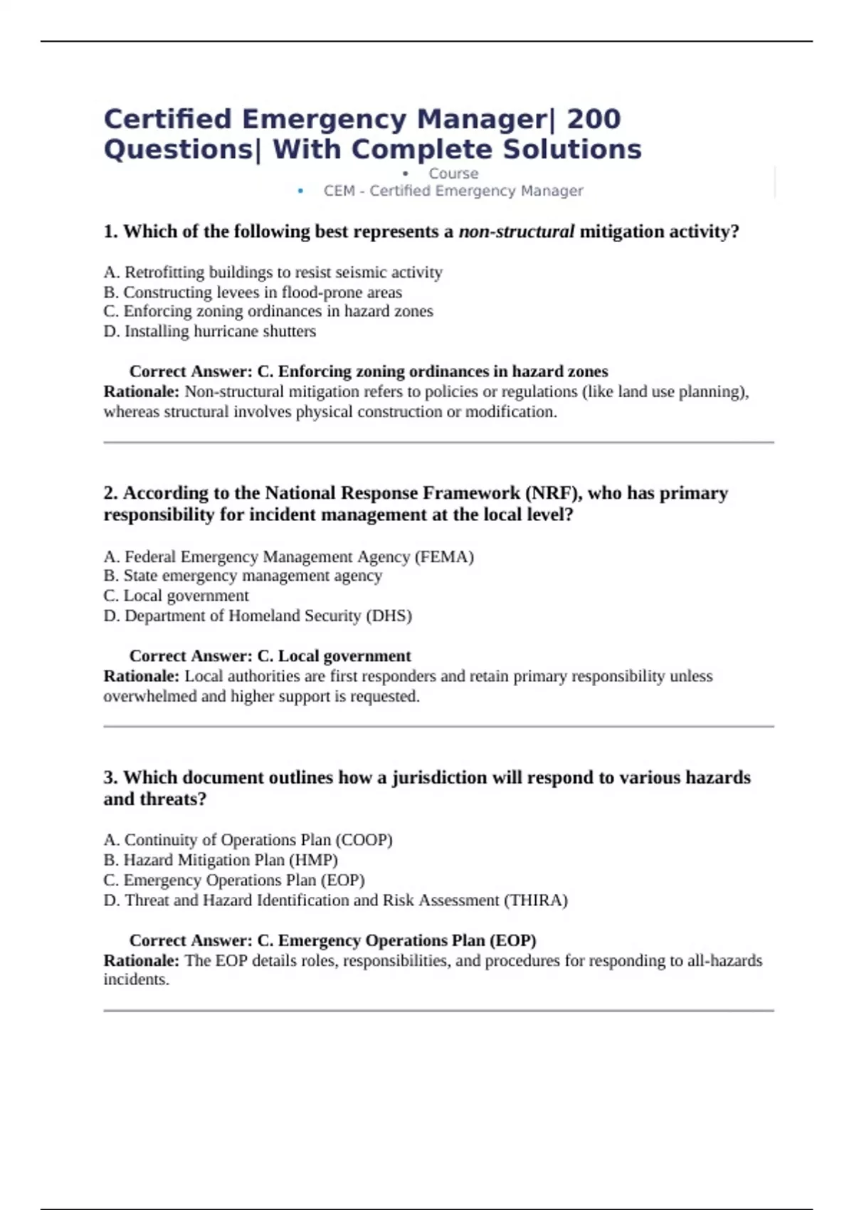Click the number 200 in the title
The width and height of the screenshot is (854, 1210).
click(x=594, y=119)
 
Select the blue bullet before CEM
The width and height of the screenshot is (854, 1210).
click(x=300, y=191)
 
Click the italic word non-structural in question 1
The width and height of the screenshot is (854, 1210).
click(x=516, y=232)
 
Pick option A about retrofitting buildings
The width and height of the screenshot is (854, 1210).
click(x=273, y=273)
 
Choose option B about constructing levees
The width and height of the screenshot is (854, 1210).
click(x=253, y=293)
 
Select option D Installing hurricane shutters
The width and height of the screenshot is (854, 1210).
click(x=209, y=332)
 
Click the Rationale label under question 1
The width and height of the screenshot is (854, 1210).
click(x=141, y=391)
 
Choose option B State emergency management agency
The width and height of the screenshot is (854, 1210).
click(x=243, y=576)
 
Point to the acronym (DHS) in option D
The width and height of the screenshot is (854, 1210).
click(x=389, y=616)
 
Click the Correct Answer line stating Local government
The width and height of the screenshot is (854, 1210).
click(x=270, y=656)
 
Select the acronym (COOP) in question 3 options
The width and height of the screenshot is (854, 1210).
click(x=364, y=840)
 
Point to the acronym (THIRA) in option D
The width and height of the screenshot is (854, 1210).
click(x=535, y=900)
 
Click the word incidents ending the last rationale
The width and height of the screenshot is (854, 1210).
click(x=136, y=980)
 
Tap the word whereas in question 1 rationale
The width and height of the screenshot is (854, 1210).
click(x=132, y=412)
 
